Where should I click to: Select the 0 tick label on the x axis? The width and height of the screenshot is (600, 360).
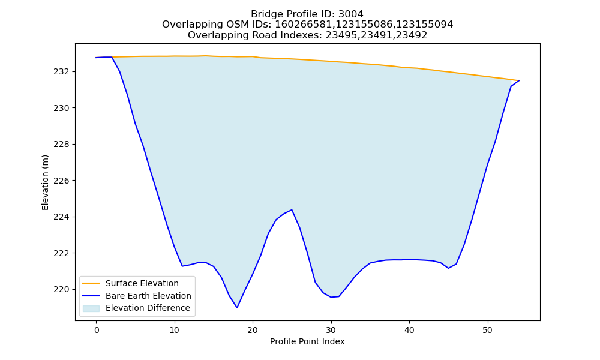[96, 330]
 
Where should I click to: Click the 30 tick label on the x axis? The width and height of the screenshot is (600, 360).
[331, 330]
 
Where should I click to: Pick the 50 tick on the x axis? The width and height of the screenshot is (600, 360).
[487, 330]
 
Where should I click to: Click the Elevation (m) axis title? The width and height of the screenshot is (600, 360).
[45, 182]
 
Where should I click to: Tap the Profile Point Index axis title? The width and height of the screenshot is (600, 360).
[307, 341]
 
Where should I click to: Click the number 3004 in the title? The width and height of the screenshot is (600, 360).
[351, 14]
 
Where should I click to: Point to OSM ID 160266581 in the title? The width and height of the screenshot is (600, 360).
[304, 25]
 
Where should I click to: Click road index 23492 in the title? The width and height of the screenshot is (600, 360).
[412, 35]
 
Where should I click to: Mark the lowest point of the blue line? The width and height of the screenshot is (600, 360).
[237, 308]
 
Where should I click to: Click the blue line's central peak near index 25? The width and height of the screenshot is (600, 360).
[292, 209]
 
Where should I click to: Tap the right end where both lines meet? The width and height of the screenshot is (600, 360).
[519, 81]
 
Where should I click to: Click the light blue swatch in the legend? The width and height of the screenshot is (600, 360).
[91, 308]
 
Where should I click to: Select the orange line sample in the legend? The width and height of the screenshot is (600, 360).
[91, 283]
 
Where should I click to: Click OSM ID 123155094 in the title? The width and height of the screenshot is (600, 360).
[425, 25]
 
